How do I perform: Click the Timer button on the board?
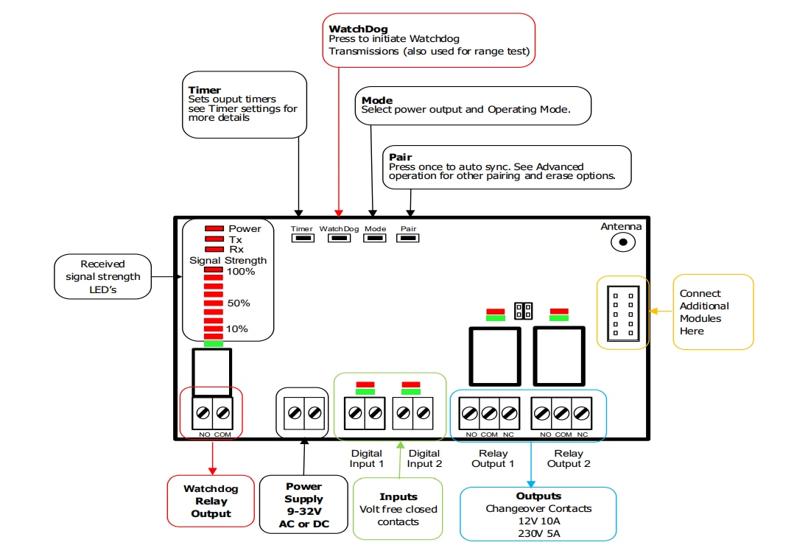(302, 239)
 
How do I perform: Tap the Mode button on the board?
(375, 239)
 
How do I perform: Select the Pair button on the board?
(409, 239)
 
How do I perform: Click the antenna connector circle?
(625, 242)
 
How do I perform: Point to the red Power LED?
(214, 229)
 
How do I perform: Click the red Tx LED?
(214, 239)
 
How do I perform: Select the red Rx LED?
(214, 250)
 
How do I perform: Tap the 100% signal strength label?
(240, 272)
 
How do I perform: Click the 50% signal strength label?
(239, 303)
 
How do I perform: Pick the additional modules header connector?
(623, 313)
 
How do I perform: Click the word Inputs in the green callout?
(398, 496)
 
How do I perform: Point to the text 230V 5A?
(538, 533)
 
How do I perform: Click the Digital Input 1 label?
(367, 458)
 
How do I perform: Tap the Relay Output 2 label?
(569, 458)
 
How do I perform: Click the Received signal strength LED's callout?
(102, 277)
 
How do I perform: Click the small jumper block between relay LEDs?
(524, 311)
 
